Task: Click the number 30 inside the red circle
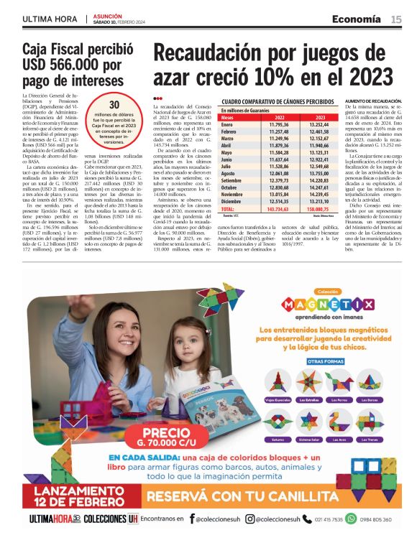pos(114,104)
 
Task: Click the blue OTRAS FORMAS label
pos(316,362)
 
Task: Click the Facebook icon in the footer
pos(191,518)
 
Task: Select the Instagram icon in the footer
pos(249,518)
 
